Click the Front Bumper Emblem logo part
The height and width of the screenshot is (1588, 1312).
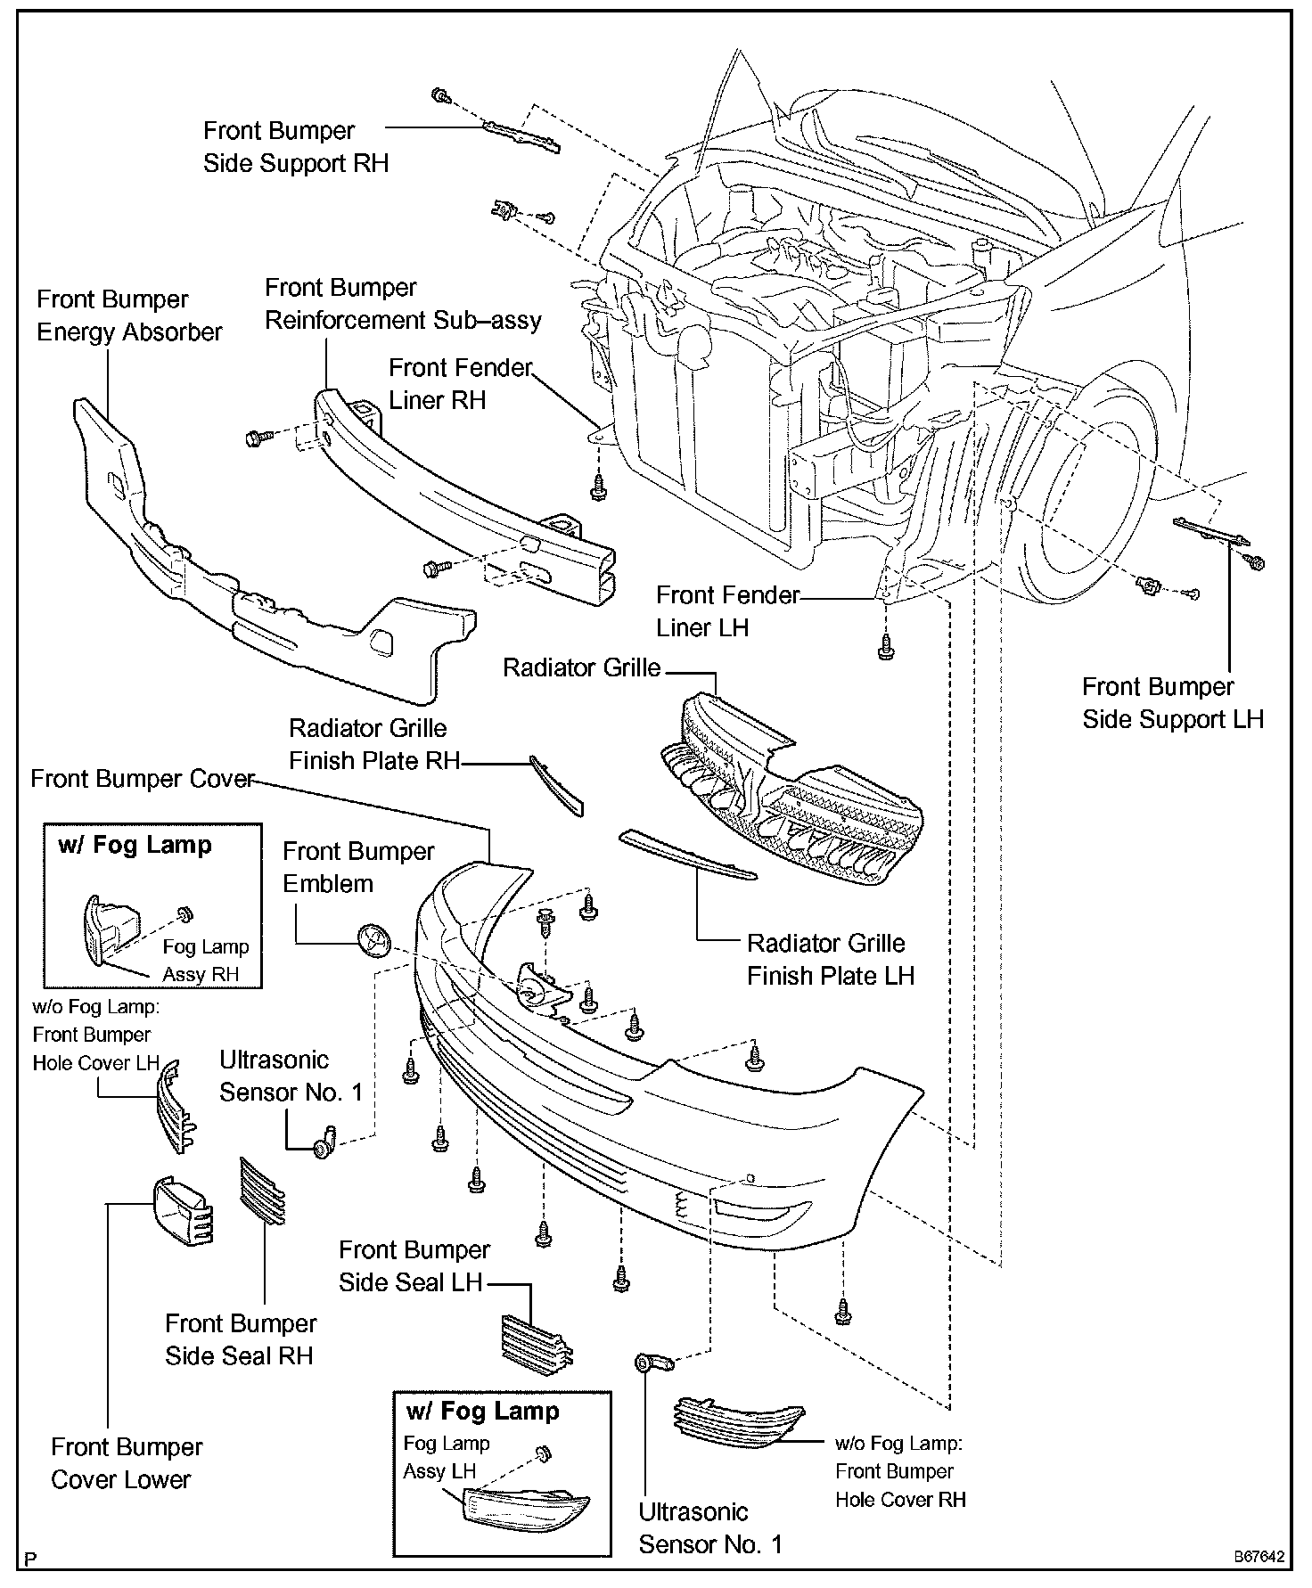[x=373, y=940]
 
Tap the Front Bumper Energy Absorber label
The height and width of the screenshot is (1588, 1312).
[x=129, y=315]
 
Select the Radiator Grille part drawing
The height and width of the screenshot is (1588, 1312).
[x=793, y=793]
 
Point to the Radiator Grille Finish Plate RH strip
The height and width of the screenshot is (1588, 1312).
[x=557, y=785]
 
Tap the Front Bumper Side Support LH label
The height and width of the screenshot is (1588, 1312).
[x=1172, y=703]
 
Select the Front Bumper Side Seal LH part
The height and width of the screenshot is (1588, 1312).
[x=536, y=1341]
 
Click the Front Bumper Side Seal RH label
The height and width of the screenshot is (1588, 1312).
[x=240, y=1339]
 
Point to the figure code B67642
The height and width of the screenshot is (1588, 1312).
[x=1259, y=1557]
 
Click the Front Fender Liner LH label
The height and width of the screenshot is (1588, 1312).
[x=727, y=610]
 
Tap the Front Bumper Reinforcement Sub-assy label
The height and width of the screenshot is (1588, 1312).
[x=403, y=304]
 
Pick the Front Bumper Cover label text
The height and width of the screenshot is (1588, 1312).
[x=143, y=779]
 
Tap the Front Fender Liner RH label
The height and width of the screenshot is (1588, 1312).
[x=460, y=383]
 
